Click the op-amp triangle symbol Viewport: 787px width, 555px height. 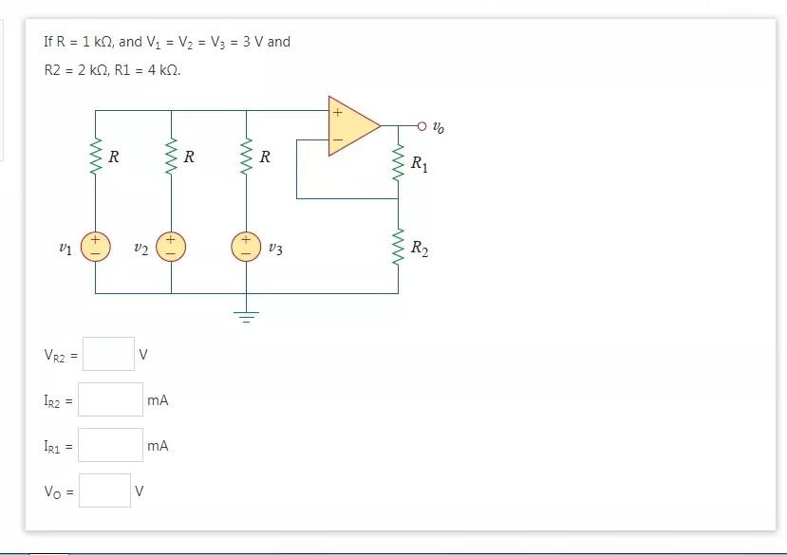[x=351, y=125]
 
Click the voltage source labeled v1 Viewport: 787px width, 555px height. [x=95, y=248]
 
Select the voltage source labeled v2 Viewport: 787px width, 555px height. [x=171, y=248]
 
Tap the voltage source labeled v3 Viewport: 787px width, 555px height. [x=246, y=248]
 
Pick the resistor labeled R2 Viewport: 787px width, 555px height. [x=398, y=249]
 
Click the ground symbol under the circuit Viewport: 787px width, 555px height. [x=246, y=315]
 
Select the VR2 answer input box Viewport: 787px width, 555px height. [x=108, y=354]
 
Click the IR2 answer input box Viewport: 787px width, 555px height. [x=110, y=399]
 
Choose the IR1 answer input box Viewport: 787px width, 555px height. [x=110, y=445]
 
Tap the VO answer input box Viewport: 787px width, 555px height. [x=104, y=490]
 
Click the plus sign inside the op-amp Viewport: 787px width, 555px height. [x=336, y=111]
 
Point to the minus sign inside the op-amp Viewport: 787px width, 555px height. [x=336, y=140]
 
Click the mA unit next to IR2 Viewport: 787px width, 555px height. [x=158, y=400]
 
